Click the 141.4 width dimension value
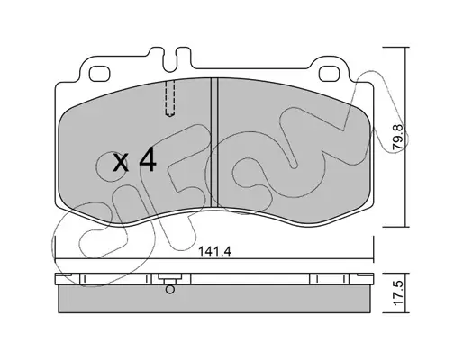(215, 251)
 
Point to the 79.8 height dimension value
(398, 138)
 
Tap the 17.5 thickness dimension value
(398, 293)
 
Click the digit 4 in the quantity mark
(147, 161)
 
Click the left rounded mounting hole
(100, 74)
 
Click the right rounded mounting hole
(330, 74)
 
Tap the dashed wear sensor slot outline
(170, 98)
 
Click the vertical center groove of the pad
(214, 142)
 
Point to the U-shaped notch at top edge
(170, 60)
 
